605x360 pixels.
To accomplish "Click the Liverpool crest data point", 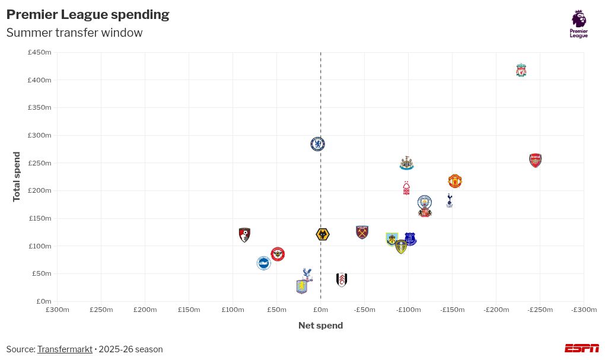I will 521,71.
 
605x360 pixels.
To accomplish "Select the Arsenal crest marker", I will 535,160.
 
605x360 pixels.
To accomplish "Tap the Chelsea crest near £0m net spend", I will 318,144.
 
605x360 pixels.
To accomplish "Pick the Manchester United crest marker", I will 455,181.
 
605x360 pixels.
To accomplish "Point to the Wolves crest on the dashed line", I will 323,235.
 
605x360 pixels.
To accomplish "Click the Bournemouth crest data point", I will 244,235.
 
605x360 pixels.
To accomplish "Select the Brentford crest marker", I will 278,254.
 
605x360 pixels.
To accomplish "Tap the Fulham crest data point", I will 342,280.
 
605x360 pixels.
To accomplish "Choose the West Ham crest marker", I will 362,232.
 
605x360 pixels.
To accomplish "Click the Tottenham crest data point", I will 450,200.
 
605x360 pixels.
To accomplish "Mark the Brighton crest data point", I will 264,263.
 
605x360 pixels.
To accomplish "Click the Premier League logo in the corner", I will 579,24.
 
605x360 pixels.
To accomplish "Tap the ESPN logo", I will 581,348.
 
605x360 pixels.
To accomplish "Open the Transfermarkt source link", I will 65,349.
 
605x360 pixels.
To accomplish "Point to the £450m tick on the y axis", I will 40,52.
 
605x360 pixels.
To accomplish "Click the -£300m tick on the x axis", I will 584,310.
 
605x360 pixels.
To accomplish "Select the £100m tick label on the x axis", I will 233,310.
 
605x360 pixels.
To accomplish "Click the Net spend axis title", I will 320,326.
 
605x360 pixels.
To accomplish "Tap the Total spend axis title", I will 17,177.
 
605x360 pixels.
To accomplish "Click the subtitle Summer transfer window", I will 74,33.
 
